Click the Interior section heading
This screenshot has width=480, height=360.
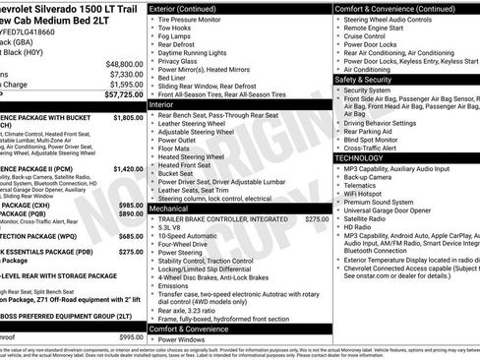(161, 103)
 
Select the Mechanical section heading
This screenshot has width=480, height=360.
(169, 209)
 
